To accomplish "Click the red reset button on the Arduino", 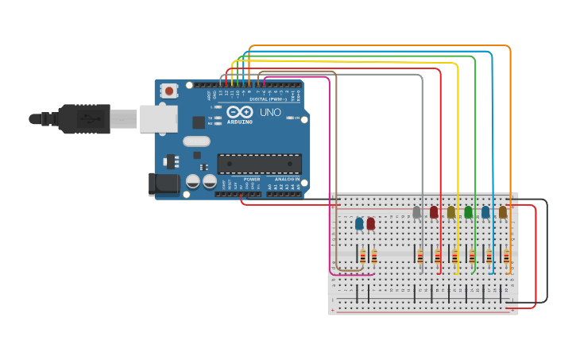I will point(169,91).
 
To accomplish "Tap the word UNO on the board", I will point(270,113).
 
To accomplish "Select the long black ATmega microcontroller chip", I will point(259,164).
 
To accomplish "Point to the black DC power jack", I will point(164,184).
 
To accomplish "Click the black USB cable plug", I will point(83,119).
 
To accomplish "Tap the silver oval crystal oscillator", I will point(196,141).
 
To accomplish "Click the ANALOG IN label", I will point(287,180).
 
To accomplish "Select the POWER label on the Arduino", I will point(252,180).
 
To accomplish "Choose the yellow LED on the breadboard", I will point(451,212).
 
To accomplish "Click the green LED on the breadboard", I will point(468,212).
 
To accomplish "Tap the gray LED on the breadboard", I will point(417,212).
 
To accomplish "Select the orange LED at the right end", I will point(502,212).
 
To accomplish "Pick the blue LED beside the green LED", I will point(485,212).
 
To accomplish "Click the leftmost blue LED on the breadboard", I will point(359,223).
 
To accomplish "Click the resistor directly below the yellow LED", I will point(454,256).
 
